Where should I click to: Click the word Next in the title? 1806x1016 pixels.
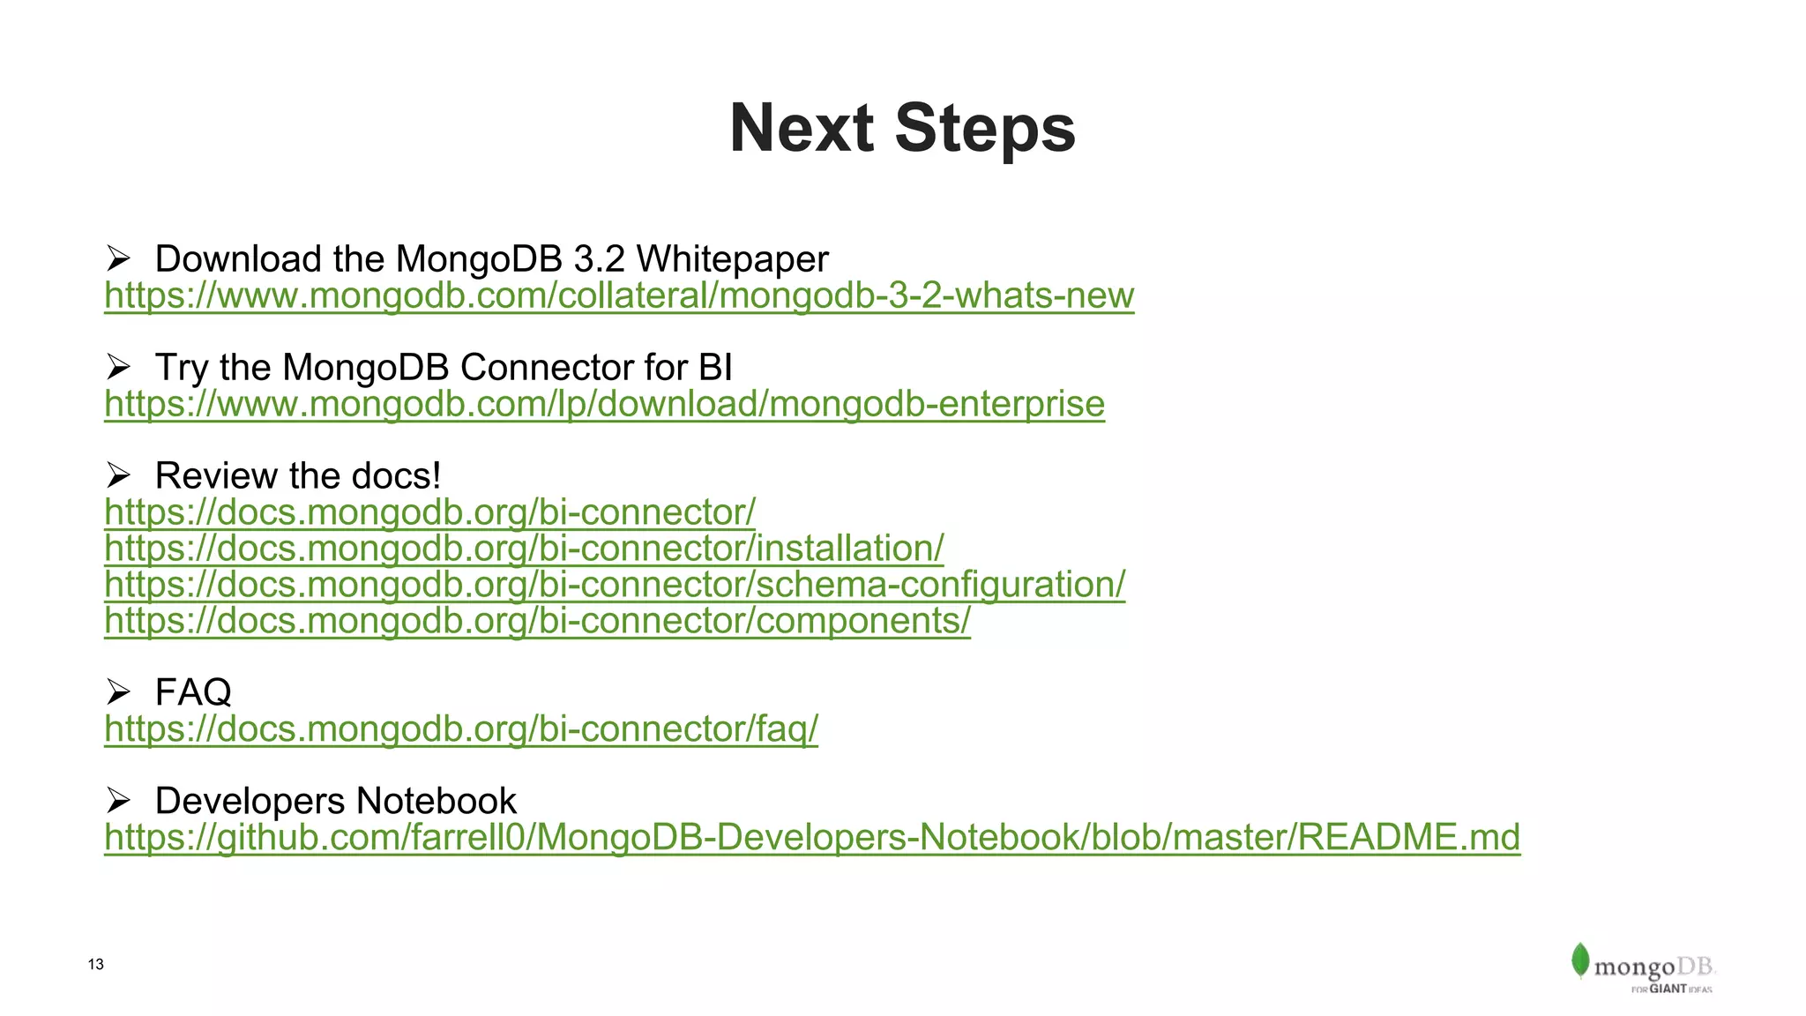(x=801, y=129)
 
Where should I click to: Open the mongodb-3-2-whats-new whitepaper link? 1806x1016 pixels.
(x=618, y=295)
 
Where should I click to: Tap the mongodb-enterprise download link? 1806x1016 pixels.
(x=604, y=404)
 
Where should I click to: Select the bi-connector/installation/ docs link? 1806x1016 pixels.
(x=524, y=549)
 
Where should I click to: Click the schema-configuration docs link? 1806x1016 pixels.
(x=615, y=585)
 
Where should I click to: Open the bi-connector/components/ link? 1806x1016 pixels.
(x=537, y=621)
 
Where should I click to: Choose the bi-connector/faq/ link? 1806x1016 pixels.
(x=460, y=729)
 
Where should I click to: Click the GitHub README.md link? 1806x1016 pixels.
(x=811, y=838)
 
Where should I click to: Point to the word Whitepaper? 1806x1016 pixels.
(x=732, y=259)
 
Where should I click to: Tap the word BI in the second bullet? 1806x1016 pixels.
(x=715, y=368)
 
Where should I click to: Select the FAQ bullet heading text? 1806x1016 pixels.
(x=193, y=692)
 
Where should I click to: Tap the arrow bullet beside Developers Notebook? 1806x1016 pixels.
(x=118, y=801)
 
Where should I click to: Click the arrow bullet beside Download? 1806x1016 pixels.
(x=118, y=259)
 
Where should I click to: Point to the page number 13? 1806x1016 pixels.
(x=96, y=964)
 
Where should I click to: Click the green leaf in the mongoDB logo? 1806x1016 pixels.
(x=1579, y=960)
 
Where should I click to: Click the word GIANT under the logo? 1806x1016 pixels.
(x=1668, y=989)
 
